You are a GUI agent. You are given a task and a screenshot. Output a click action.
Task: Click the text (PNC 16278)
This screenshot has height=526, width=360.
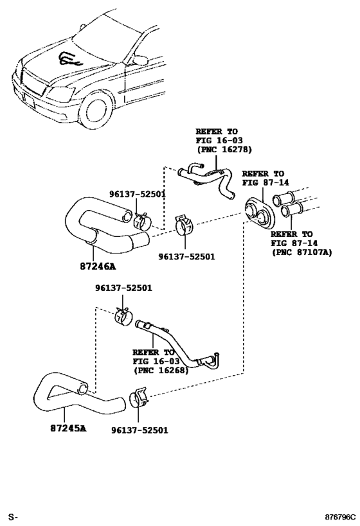coord(224,150)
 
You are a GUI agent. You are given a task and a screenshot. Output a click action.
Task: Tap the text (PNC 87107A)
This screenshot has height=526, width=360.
coord(301,253)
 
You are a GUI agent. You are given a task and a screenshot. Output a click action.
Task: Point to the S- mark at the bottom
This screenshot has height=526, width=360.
coord(12,517)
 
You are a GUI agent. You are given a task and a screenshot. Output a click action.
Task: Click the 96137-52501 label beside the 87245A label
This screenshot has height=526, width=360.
coord(139,430)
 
